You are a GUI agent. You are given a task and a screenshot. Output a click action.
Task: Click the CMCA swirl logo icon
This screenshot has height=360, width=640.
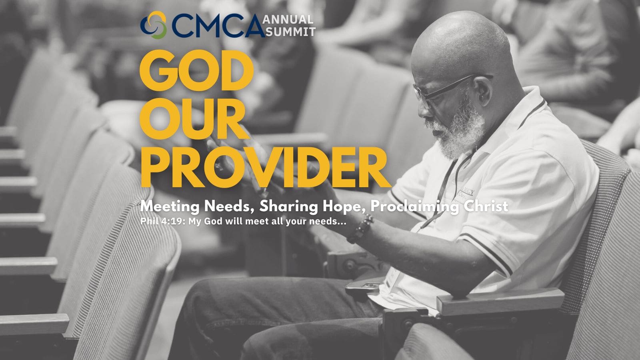pos(154,25)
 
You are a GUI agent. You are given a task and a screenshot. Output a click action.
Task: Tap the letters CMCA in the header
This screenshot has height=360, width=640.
pos(218,26)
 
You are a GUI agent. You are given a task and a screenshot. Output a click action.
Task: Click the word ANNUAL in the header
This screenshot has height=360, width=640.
pos(288,20)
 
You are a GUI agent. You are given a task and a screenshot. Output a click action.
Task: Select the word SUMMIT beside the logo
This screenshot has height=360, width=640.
pos(290,32)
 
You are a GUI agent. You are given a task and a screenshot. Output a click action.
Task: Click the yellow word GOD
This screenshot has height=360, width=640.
pos(196,70)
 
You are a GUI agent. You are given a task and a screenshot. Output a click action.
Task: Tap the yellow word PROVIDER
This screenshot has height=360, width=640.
pos(265,167)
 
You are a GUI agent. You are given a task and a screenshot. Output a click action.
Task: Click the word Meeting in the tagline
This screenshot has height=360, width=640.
pos(170,206)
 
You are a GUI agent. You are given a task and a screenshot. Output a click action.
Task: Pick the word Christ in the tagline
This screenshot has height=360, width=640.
pos(486,206)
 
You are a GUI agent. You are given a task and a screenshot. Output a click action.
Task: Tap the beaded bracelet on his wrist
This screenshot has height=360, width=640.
pos(360,229)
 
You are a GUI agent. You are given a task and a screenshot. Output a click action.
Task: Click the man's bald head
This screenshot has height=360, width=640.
pos(460,43)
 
